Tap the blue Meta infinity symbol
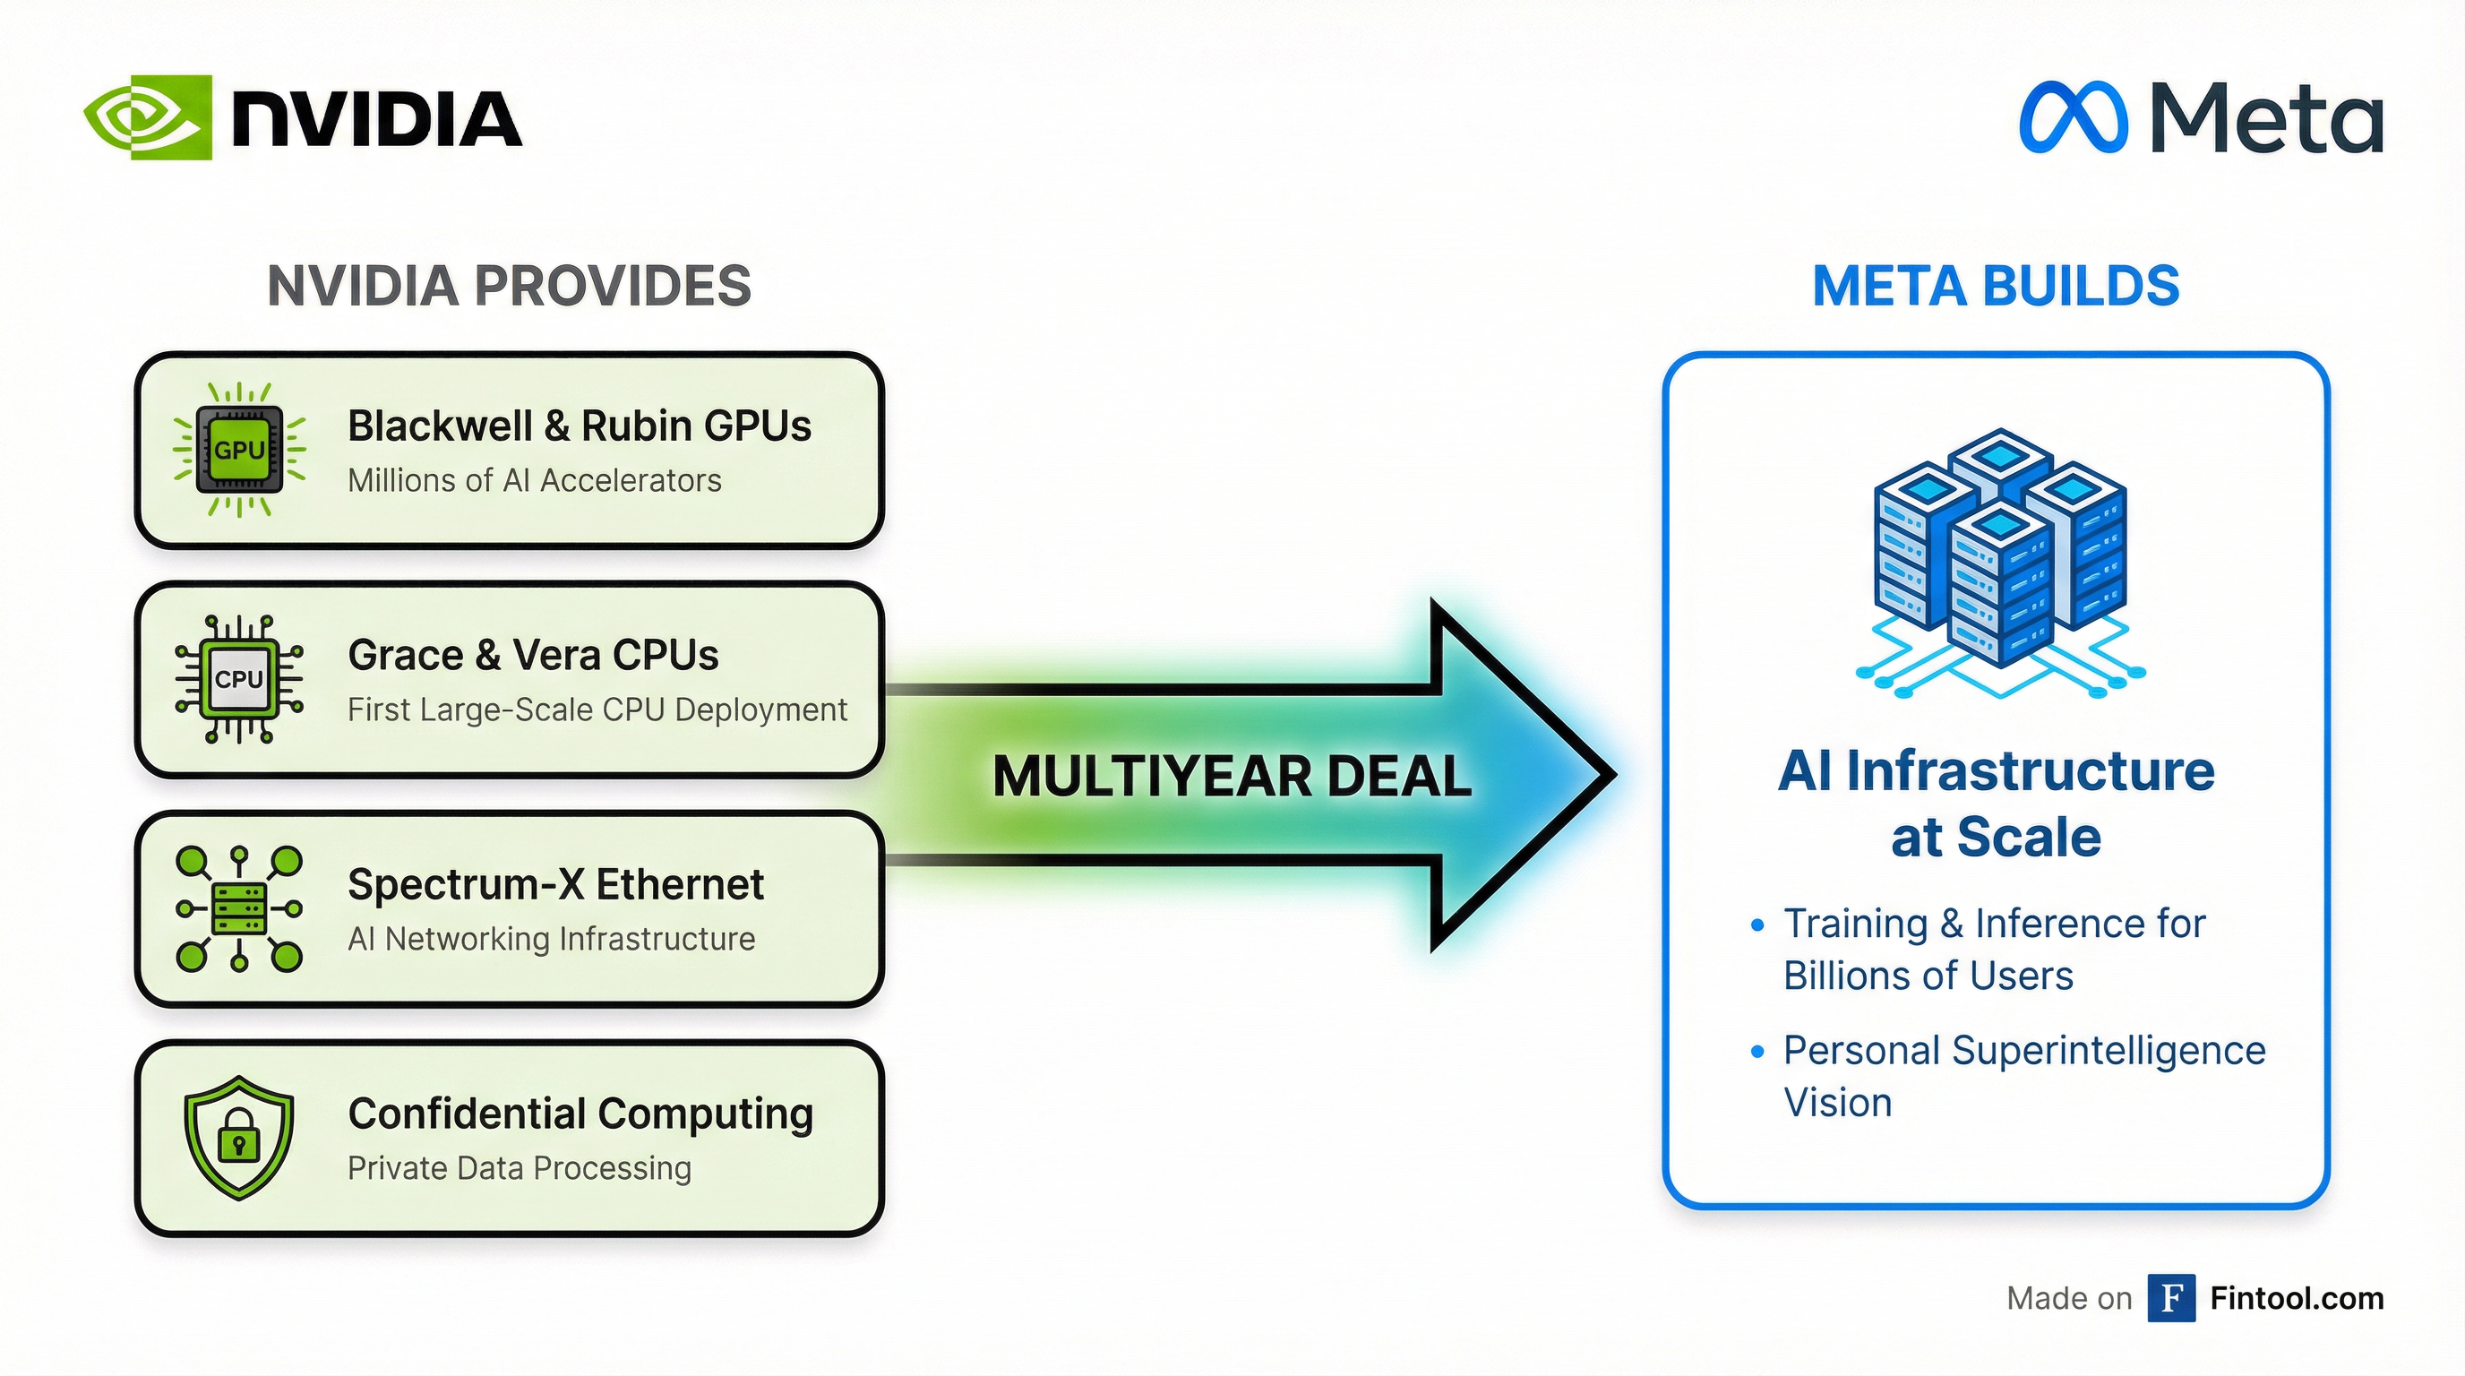click(2073, 117)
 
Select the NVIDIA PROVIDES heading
click(509, 286)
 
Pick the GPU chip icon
click(239, 450)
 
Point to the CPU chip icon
click(239, 679)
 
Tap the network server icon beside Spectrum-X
click(239, 909)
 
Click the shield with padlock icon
click(239, 1137)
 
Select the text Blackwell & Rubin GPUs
click(579, 426)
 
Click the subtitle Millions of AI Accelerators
click(534, 480)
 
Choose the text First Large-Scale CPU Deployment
click(597, 710)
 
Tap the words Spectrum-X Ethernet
click(555, 884)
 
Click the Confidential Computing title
click(580, 1114)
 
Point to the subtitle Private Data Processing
click(519, 1168)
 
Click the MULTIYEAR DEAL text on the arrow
click(1232, 776)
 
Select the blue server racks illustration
click(2000, 560)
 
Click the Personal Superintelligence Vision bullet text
click(2023, 1077)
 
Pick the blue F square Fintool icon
click(2171, 1298)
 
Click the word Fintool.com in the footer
click(2297, 1298)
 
